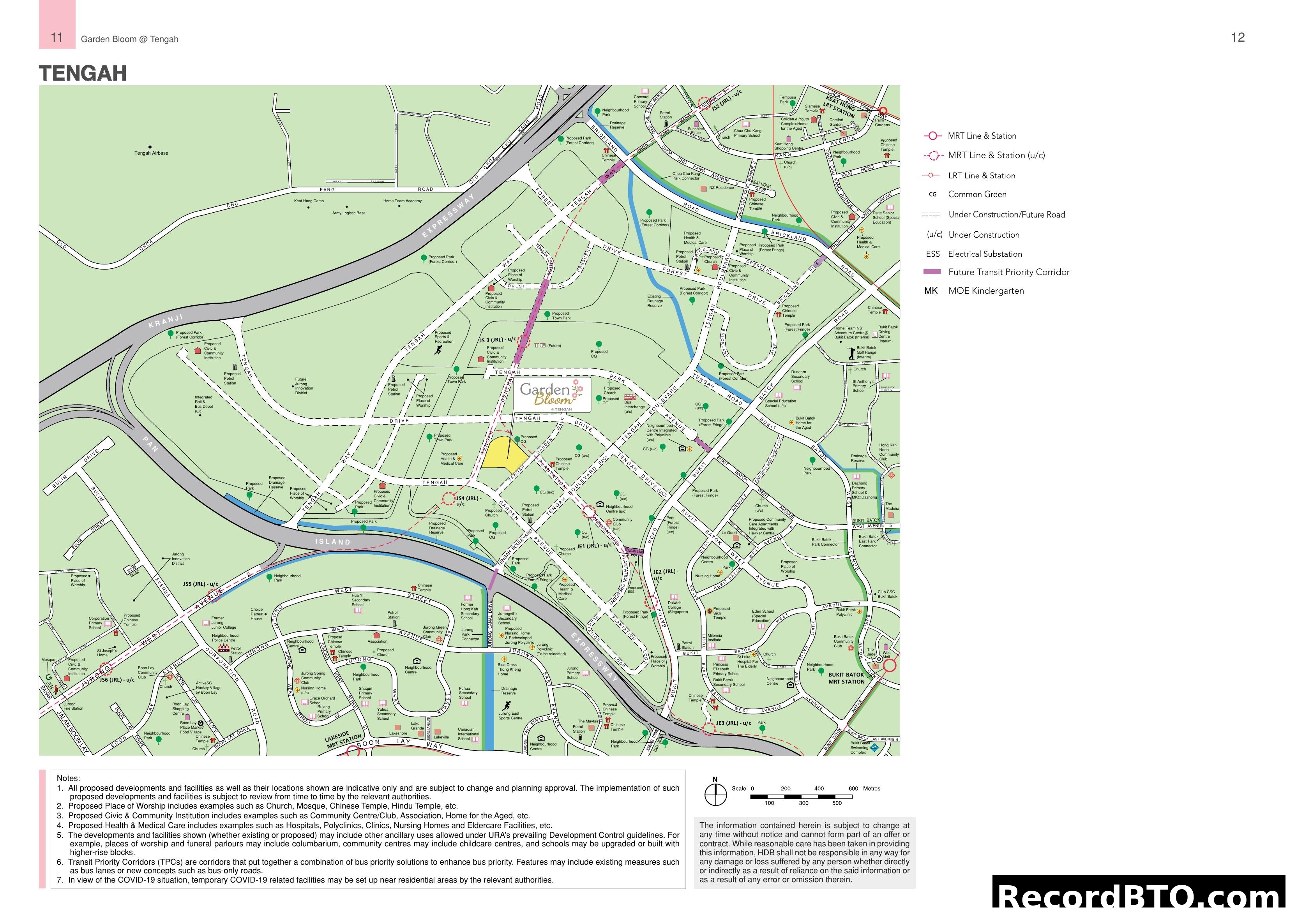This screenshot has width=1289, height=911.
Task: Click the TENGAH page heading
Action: tap(83, 74)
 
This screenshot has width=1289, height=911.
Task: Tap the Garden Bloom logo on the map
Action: tap(552, 393)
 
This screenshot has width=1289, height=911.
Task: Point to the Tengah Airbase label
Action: tap(151, 153)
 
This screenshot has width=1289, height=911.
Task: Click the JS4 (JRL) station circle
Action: tap(448, 498)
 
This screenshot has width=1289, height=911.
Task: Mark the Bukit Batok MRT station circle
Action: tap(889, 666)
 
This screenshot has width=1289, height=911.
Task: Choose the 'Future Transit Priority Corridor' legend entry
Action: tap(1008, 272)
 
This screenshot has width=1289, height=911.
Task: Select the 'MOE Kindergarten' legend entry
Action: tap(985, 291)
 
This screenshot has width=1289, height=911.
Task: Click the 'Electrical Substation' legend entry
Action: tap(984, 254)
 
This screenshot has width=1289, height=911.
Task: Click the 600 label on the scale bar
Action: tap(853, 789)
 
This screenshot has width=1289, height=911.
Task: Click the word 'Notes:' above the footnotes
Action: tap(69, 778)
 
